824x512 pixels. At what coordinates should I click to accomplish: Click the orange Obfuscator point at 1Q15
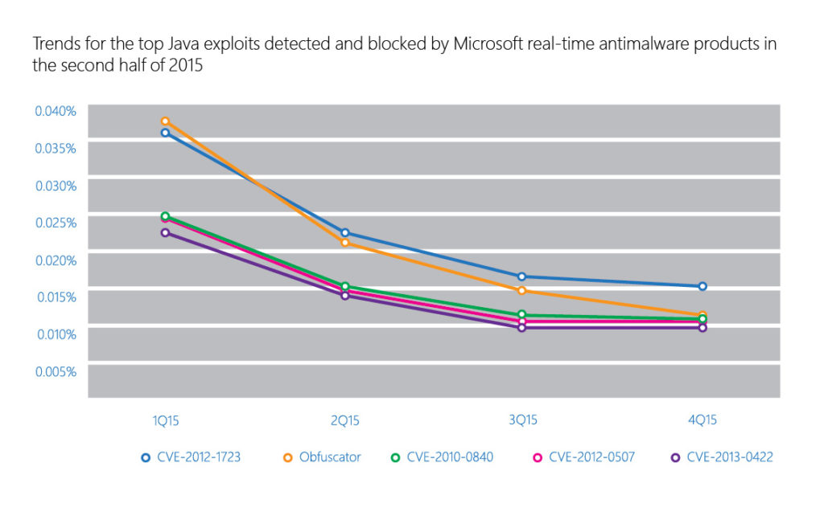click(x=165, y=121)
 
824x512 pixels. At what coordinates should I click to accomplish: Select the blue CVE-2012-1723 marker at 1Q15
click(x=165, y=133)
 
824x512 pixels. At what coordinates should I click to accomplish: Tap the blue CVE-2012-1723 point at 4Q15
click(x=702, y=286)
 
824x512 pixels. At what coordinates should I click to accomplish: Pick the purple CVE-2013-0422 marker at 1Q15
click(x=165, y=232)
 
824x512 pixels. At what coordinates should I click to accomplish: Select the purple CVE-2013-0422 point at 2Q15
click(x=344, y=295)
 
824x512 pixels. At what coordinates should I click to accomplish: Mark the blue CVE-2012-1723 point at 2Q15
click(x=344, y=232)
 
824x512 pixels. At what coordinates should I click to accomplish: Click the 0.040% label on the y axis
click(x=55, y=110)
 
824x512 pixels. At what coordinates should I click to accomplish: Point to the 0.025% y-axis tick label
click(x=55, y=222)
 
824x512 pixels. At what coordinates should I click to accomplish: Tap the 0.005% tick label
click(x=55, y=371)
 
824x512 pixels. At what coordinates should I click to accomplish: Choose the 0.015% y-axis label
click(x=55, y=297)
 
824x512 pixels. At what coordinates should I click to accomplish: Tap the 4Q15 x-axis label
click(x=702, y=420)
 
